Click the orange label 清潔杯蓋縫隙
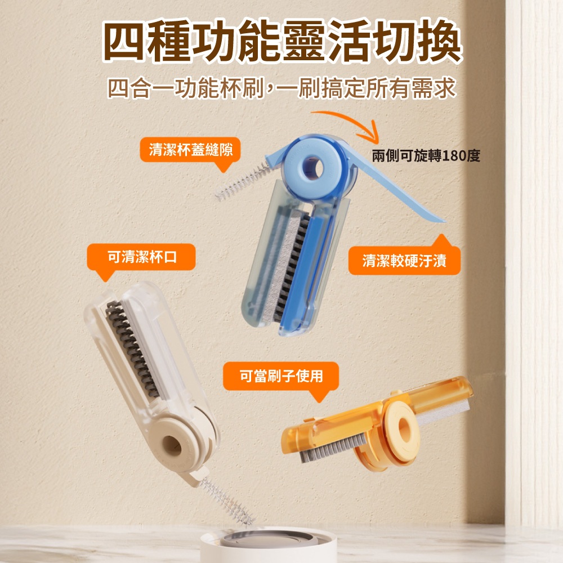[x=190, y=149]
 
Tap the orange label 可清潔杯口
[x=141, y=257]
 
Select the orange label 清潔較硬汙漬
[x=404, y=261]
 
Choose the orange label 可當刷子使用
[x=281, y=376]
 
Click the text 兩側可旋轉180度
[x=426, y=156]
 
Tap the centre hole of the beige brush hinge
[x=172, y=445]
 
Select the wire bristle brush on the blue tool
[x=243, y=182]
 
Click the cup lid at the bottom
[x=268, y=544]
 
